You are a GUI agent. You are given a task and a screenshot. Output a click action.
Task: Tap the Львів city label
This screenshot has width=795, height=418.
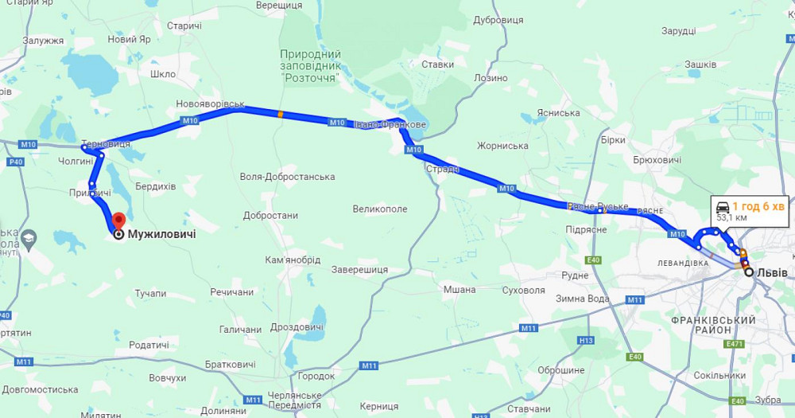click(x=772, y=272)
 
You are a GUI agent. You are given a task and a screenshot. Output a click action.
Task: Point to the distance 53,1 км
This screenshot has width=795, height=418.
click(x=731, y=217)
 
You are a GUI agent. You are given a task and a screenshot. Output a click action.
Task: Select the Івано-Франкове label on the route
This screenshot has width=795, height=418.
click(x=390, y=125)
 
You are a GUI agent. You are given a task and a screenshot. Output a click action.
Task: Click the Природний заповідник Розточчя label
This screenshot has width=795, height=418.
click(x=310, y=66)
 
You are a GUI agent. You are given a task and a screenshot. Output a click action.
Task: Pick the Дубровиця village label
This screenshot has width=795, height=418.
click(x=498, y=20)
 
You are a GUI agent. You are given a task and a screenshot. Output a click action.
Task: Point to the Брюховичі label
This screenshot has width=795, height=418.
click(x=657, y=160)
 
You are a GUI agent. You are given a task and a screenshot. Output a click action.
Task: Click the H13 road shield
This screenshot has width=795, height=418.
click(x=587, y=341)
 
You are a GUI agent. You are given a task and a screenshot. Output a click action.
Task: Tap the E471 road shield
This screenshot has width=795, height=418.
click(x=735, y=344)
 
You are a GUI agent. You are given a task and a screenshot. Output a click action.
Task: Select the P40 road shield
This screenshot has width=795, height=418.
click(x=15, y=162)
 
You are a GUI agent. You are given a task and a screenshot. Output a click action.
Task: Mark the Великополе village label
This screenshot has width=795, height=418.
click(x=380, y=209)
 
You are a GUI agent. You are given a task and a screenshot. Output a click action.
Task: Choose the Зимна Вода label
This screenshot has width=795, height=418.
click(x=583, y=299)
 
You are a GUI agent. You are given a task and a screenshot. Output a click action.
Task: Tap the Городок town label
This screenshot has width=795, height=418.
click(x=316, y=376)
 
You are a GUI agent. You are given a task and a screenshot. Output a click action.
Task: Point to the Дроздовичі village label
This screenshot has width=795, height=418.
click(x=297, y=327)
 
